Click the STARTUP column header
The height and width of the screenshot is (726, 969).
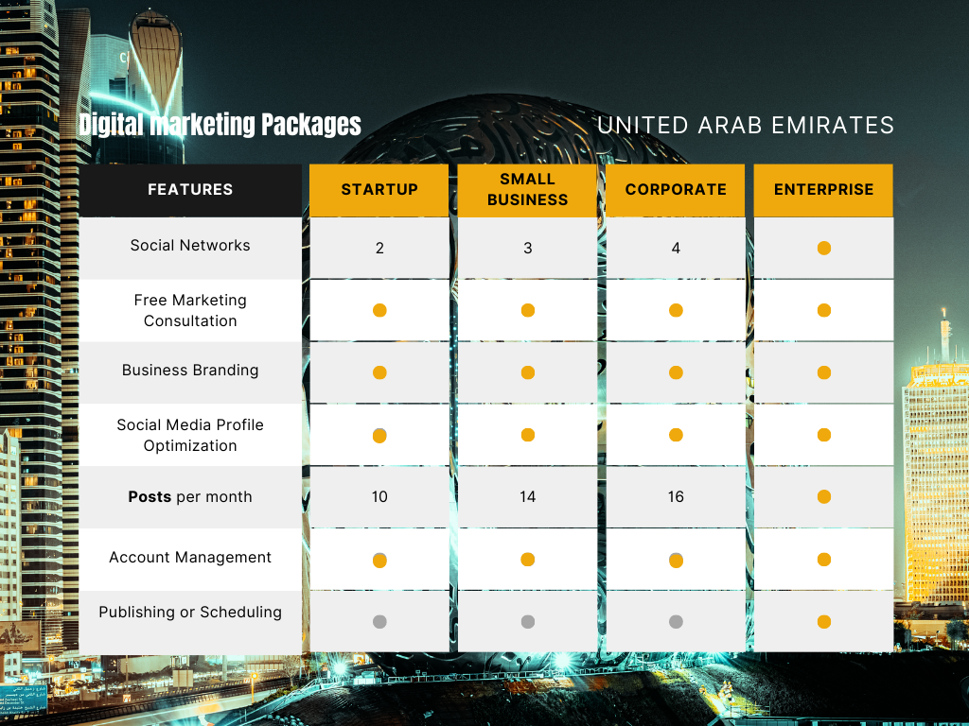[x=379, y=189]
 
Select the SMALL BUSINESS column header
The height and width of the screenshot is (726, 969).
[x=527, y=189]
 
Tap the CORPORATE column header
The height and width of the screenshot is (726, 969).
[x=676, y=189]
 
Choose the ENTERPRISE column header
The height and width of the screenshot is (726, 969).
[x=824, y=189]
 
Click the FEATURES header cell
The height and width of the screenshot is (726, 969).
[x=190, y=189]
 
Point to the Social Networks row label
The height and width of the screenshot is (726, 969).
[x=190, y=245]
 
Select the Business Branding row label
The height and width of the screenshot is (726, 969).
[x=190, y=370]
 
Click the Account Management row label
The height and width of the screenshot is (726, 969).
[x=190, y=557]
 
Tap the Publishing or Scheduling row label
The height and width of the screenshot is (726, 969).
[x=190, y=612]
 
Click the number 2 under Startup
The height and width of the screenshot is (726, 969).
[x=379, y=249]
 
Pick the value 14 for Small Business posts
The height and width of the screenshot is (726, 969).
[x=528, y=496]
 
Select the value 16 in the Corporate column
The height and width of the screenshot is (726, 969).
[x=676, y=496]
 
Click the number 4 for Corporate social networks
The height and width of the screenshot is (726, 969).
[x=676, y=249]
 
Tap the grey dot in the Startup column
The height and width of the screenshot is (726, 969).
[x=379, y=622]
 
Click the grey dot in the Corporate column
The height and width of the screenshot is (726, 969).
[x=676, y=622]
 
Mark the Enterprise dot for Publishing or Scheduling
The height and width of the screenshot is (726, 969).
[x=824, y=622]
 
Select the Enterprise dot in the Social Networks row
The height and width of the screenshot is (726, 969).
[x=824, y=249]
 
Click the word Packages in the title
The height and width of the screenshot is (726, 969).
[x=310, y=124]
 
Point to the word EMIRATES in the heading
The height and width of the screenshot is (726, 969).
[x=833, y=126]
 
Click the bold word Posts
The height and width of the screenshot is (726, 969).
[x=150, y=496]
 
